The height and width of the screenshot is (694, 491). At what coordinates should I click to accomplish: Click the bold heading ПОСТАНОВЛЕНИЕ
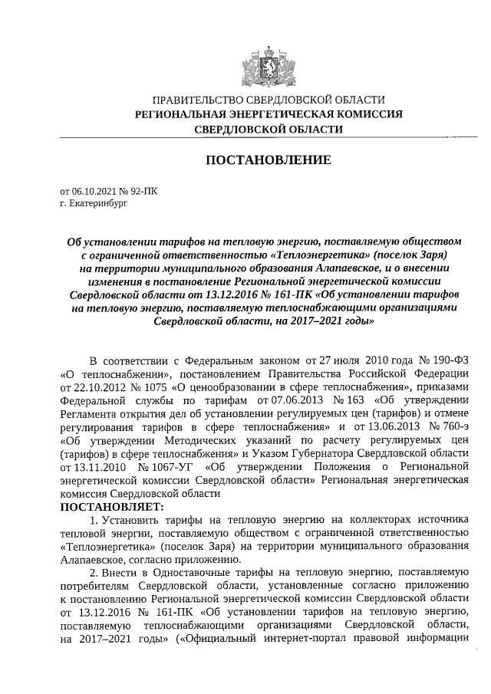coord(268,160)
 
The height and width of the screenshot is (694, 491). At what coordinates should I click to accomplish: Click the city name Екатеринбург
coord(95,205)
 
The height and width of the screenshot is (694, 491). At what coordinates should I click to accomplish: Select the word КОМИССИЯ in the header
coord(371,114)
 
